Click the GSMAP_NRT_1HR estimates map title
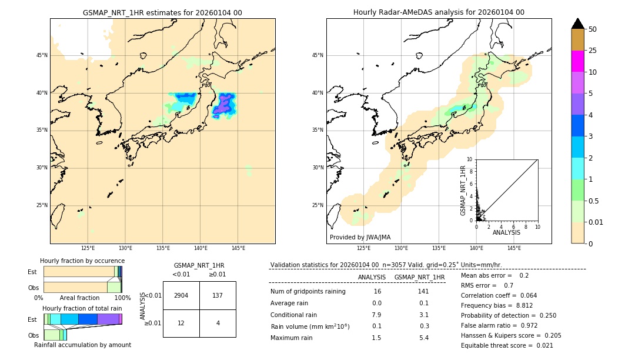(x=162, y=12)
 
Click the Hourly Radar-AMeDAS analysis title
(x=439, y=12)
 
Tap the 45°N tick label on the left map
(x=42, y=55)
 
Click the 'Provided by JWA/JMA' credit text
(x=360, y=238)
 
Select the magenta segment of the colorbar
(x=577, y=61)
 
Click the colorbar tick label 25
(x=593, y=51)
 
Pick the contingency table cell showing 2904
(x=181, y=295)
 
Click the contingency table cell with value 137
(x=218, y=295)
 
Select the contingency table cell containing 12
(x=181, y=323)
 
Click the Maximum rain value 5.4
(x=423, y=338)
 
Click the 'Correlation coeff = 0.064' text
(x=499, y=295)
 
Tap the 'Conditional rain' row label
(x=295, y=315)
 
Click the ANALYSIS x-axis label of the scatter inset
(x=506, y=232)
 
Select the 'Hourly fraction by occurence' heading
(x=82, y=261)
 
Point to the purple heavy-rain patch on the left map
(x=224, y=105)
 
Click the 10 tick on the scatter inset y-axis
(x=469, y=159)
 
